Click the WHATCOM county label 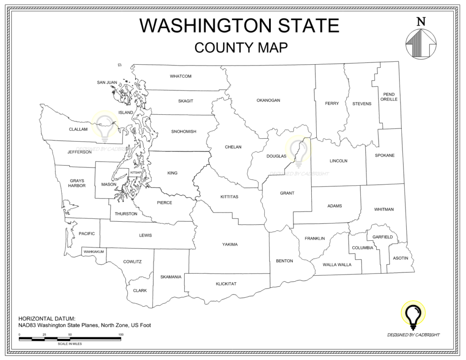pyautogui.click(x=181, y=76)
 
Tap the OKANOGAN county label pyautogui.click(x=268, y=100)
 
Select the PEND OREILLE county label pyautogui.click(x=389, y=96)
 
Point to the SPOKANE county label pyautogui.click(x=385, y=155)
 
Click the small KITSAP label pyautogui.click(x=136, y=173)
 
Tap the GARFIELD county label pyautogui.click(x=382, y=237)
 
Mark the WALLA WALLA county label pyautogui.click(x=337, y=264)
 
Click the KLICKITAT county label pyautogui.click(x=226, y=284)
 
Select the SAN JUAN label pyautogui.click(x=107, y=82)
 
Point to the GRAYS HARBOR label pyautogui.click(x=77, y=183)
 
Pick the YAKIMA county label pyautogui.click(x=230, y=244)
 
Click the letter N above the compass pyautogui.click(x=421, y=21)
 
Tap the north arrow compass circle pyautogui.click(x=421, y=44)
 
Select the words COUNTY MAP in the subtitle pyautogui.click(x=241, y=47)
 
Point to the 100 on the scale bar pyautogui.click(x=121, y=335)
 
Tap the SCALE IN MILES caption pyautogui.click(x=70, y=344)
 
